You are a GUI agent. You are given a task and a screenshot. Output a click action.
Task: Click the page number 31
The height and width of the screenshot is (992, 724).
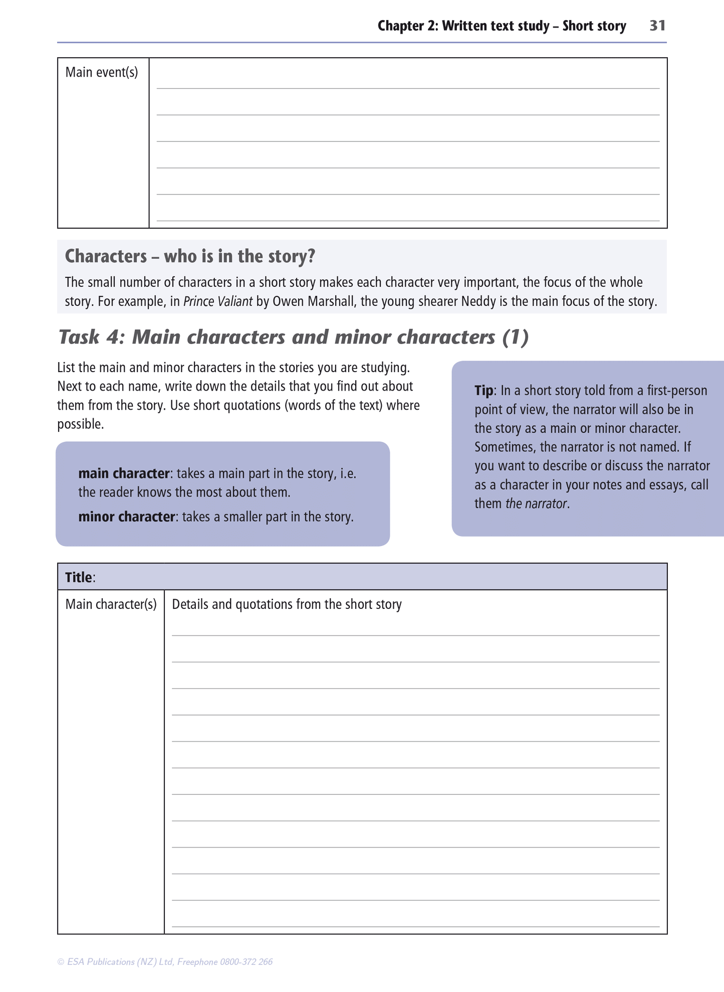[657, 26]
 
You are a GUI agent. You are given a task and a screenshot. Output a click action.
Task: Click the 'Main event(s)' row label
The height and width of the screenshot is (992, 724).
[102, 73]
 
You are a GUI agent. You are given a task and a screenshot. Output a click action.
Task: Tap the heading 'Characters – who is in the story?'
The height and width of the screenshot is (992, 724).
[190, 256]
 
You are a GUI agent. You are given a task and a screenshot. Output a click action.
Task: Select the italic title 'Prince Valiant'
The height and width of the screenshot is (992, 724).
[218, 302]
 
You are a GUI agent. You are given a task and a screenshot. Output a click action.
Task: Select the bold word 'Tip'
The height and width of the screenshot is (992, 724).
[484, 391]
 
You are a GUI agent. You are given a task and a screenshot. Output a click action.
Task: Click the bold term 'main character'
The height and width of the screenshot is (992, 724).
[124, 473]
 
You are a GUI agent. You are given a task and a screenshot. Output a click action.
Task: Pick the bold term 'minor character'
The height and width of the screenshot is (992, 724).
[126, 517]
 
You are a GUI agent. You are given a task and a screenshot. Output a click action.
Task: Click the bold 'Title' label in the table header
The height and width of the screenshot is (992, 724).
[79, 577]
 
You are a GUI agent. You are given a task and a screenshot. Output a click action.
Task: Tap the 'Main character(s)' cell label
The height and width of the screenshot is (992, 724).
[111, 604]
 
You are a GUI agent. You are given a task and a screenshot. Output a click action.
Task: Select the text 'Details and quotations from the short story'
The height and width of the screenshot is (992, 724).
[287, 604]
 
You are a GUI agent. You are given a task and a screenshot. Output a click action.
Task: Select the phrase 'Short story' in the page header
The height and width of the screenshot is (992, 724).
[594, 26]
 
